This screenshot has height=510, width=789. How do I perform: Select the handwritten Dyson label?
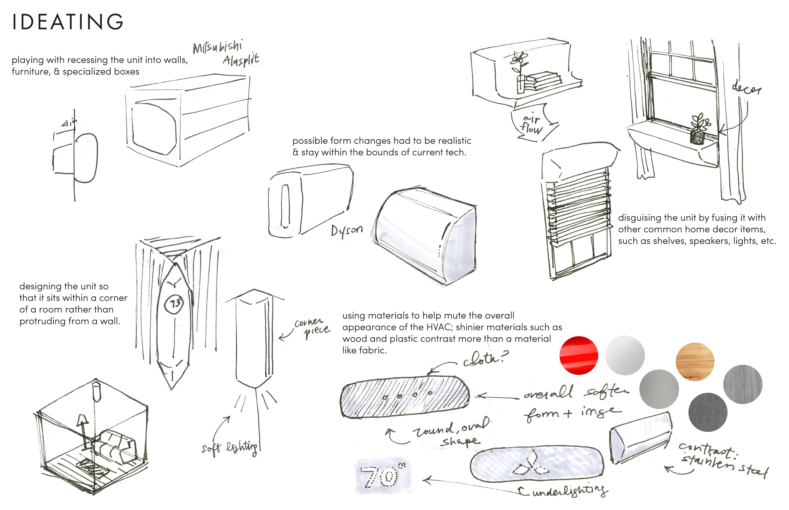pyautogui.click(x=346, y=229)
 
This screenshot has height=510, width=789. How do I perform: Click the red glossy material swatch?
pyautogui.click(x=578, y=355)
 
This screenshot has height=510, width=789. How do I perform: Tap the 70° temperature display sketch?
pyautogui.click(x=384, y=476)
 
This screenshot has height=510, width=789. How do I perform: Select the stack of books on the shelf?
pyautogui.click(x=542, y=81)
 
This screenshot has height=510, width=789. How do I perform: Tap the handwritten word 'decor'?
pyautogui.click(x=746, y=89)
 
